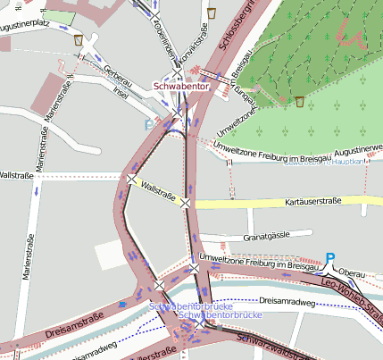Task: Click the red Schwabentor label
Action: pos(181,86)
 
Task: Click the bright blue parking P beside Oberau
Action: pos(329,258)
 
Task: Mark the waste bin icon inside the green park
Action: pos(299,101)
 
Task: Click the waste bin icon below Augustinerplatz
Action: pos(79,40)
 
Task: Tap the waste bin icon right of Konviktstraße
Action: pos(212,13)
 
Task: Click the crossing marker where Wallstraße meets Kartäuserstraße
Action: pos(186,204)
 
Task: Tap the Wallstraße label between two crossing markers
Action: pos(159,190)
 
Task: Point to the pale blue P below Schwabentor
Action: pos(148,124)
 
